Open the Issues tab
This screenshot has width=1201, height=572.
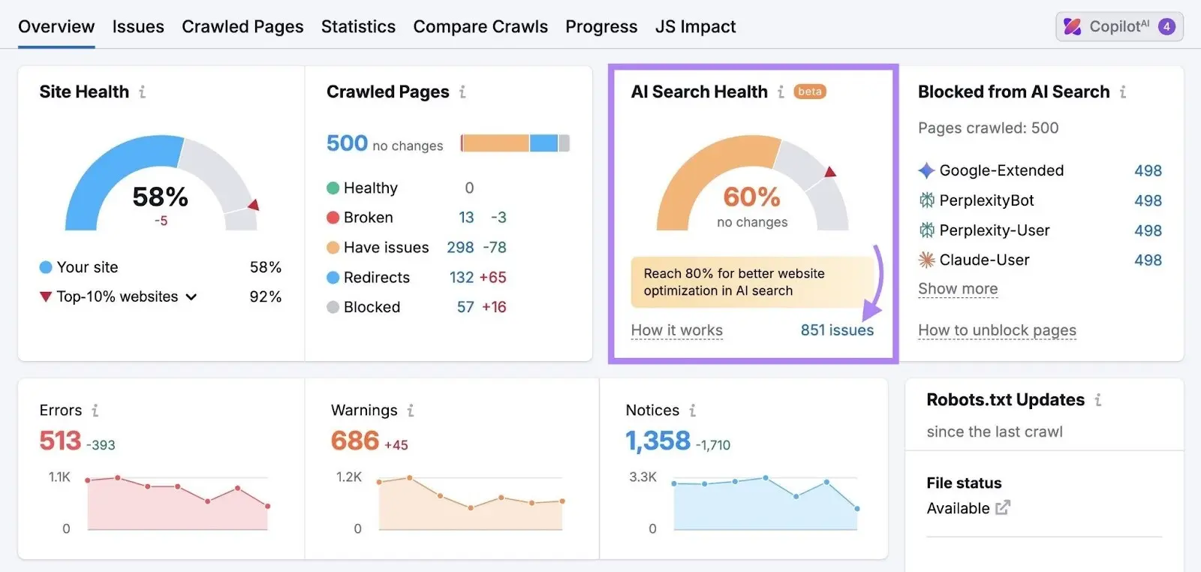(138, 27)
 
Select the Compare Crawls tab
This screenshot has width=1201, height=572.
(480, 27)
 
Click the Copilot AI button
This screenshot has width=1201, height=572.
(1119, 27)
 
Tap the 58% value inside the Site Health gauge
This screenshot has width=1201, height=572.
(160, 197)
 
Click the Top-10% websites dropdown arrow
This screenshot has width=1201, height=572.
(191, 297)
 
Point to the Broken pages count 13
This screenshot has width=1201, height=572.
(466, 218)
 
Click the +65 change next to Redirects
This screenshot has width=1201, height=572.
(492, 278)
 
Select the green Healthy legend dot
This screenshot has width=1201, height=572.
(333, 188)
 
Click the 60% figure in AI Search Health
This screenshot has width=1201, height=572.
(751, 197)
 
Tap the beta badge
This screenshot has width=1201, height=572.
(809, 92)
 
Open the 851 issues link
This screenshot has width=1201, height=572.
(837, 330)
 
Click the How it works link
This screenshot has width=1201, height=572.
(676, 330)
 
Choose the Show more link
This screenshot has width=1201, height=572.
(958, 289)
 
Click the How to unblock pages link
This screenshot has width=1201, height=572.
(997, 330)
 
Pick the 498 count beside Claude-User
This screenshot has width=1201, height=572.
(1148, 260)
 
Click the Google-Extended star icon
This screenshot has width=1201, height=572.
(926, 170)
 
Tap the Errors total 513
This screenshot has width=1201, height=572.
(60, 441)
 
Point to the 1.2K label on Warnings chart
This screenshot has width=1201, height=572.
(349, 477)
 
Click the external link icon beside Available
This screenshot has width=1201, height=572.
(1003, 508)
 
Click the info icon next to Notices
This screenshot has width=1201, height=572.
(693, 411)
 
